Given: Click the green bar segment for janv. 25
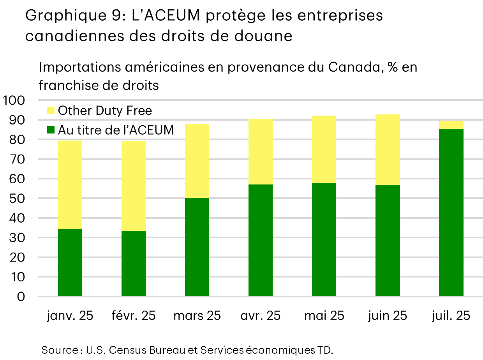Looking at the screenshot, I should [x=70, y=263].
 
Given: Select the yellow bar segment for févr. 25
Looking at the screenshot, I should [x=134, y=186].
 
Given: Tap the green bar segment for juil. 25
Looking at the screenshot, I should [x=451, y=212].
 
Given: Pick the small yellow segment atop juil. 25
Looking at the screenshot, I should [x=451, y=125].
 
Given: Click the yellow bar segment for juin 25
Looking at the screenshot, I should [x=388, y=149].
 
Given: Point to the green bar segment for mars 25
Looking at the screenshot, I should [x=197, y=247].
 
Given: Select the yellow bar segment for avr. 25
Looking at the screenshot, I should [x=261, y=152].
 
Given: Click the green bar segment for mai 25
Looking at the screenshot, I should [x=324, y=239].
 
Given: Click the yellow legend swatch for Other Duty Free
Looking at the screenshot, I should [x=51, y=111].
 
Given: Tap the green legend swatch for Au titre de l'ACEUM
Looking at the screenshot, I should [x=51, y=130].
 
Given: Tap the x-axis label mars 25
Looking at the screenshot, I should [x=197, y=316].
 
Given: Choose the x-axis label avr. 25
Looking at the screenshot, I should [x=261, y=316].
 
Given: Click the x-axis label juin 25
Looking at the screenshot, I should [x=388, y=316].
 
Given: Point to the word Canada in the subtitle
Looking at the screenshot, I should [x=353, y=67].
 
